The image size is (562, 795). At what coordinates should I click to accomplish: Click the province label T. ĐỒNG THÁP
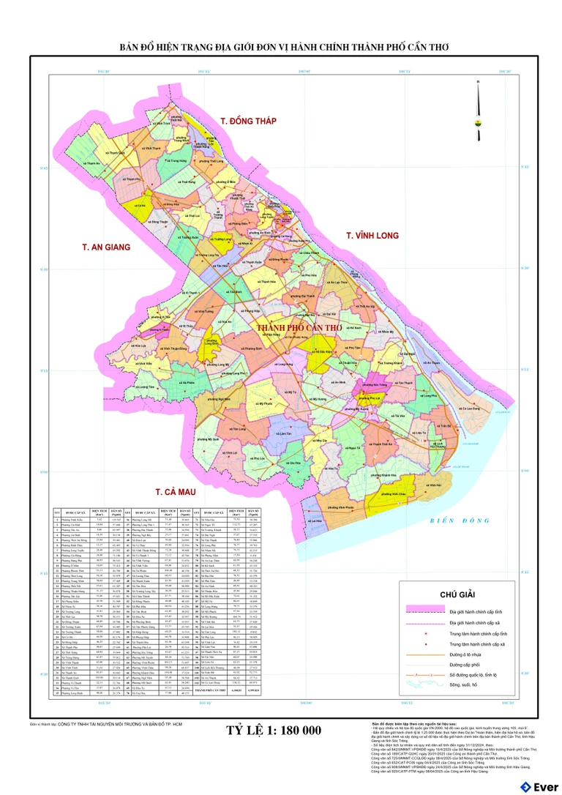[x=248, y=120]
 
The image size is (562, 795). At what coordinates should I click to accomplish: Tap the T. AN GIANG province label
[x=106, y=247]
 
